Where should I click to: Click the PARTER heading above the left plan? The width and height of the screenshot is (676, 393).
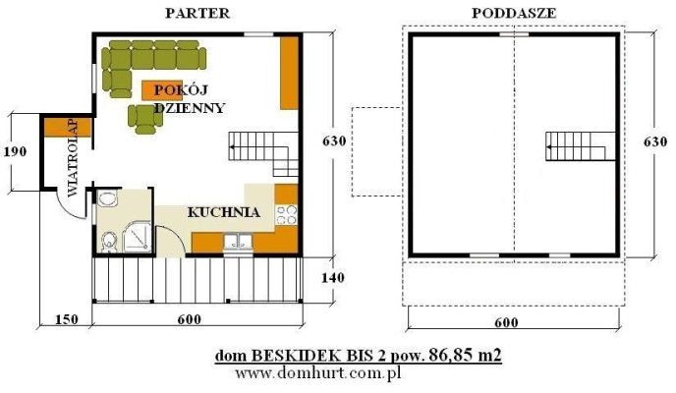tap(198, 13)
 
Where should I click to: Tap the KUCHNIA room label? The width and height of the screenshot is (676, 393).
tap(223, 211)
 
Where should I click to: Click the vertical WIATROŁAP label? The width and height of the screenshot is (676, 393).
tap(59, 157)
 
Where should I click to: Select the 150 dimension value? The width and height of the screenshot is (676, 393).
tap(65, 319)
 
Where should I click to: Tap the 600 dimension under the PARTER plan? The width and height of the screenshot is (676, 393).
tap(189, 319)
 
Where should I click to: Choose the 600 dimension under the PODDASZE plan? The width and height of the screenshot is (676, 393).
tap(506, 320)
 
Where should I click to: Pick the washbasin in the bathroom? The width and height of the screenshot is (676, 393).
tap(107, 199)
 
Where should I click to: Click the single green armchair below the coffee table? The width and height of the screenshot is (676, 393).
tap(145, 119)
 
